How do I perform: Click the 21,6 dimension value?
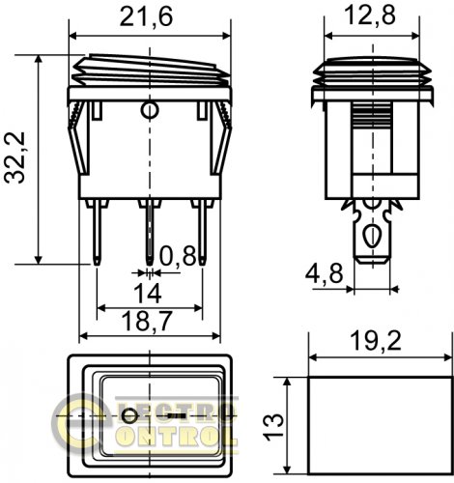(146, 16)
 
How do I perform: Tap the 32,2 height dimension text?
(14, 157)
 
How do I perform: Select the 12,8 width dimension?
(370, 14)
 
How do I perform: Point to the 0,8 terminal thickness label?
(178, 256)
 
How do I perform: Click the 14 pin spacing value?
(148, 294)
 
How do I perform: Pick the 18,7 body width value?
(147, 321)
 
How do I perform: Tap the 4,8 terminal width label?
(325, 274)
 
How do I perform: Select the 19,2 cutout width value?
(376, 341)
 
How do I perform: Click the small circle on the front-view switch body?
(150, 110)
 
